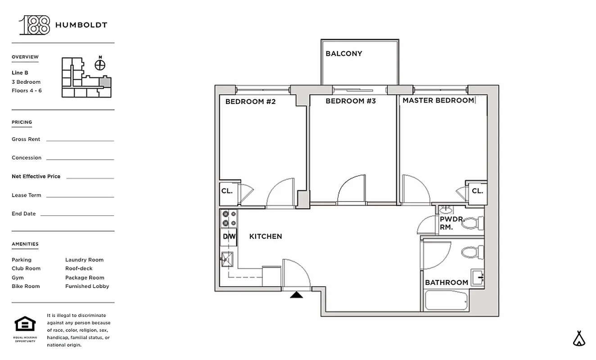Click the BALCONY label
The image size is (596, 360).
343,54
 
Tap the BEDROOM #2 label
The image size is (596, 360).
250,102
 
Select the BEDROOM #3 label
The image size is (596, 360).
350,101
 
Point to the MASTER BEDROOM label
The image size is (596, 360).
438,100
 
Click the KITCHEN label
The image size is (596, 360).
266,236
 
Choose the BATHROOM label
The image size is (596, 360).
446,283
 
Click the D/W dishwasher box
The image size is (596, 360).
229,236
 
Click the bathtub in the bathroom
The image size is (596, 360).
446,300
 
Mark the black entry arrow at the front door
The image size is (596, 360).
296,295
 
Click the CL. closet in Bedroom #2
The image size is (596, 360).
227,191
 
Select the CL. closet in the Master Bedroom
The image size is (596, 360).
477,191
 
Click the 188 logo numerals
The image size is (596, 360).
35,25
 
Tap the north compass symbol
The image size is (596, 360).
100,65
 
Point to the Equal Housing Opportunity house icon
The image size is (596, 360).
25,324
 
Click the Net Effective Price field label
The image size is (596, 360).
36,176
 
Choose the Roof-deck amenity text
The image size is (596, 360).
79,269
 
